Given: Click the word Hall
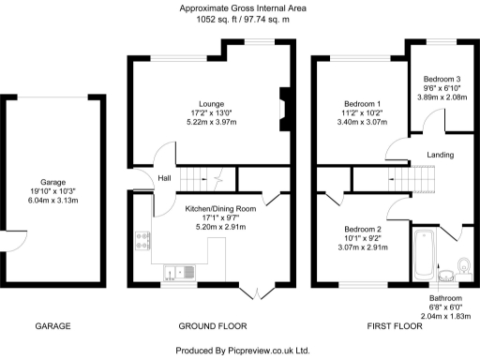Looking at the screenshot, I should (163, 178).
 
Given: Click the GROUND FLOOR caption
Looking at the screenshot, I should (212, 326).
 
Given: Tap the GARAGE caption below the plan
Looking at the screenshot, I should (53, 326).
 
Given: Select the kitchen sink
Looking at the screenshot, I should (175, 272).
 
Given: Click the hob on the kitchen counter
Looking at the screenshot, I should (143, 240).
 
